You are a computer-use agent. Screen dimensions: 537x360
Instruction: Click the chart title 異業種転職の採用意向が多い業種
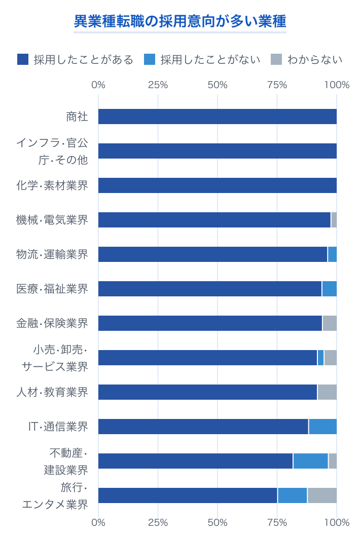click(x=180, y=22)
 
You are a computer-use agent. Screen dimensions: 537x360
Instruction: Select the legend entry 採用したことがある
click(x=75, y=60)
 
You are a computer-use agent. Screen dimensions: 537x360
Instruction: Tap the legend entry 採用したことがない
click(x=202, y=60)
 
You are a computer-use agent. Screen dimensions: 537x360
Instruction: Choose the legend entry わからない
click(x=307, y=60)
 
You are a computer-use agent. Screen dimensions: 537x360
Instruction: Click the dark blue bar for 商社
click(x=217, y=117)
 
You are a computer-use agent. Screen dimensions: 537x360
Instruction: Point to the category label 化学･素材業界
click(x=52, y=185)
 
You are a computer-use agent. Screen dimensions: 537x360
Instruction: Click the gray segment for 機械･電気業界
click(x=334, y=220)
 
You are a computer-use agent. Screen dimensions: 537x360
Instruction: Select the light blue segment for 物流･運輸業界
click(x=332, y=254)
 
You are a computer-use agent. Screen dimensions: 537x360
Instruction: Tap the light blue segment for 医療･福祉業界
click(x=329, y=289)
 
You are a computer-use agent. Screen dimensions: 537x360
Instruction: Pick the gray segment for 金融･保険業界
click(x=330, y=323)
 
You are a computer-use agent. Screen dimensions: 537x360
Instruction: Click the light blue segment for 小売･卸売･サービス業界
click(x=320, y=358)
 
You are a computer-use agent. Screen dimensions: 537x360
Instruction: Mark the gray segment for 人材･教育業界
click(x=327, y=392)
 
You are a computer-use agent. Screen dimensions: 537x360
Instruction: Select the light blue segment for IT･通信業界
click(x=322, y=427)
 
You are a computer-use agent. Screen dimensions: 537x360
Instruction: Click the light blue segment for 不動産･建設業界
click(x=310, y=461)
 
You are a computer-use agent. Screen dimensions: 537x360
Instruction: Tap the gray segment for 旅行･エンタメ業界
click(x=322, y=495)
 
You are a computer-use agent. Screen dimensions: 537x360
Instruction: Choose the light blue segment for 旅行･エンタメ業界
click(x=292, y=495)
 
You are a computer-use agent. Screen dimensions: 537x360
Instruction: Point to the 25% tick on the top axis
click(x=158, y=85)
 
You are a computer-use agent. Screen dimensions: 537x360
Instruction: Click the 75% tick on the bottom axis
click(x=277, y=522)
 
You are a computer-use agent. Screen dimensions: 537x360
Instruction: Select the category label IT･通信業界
click(x=58, y=427)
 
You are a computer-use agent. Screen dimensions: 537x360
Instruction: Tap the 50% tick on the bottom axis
click(x=218, y=522)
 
